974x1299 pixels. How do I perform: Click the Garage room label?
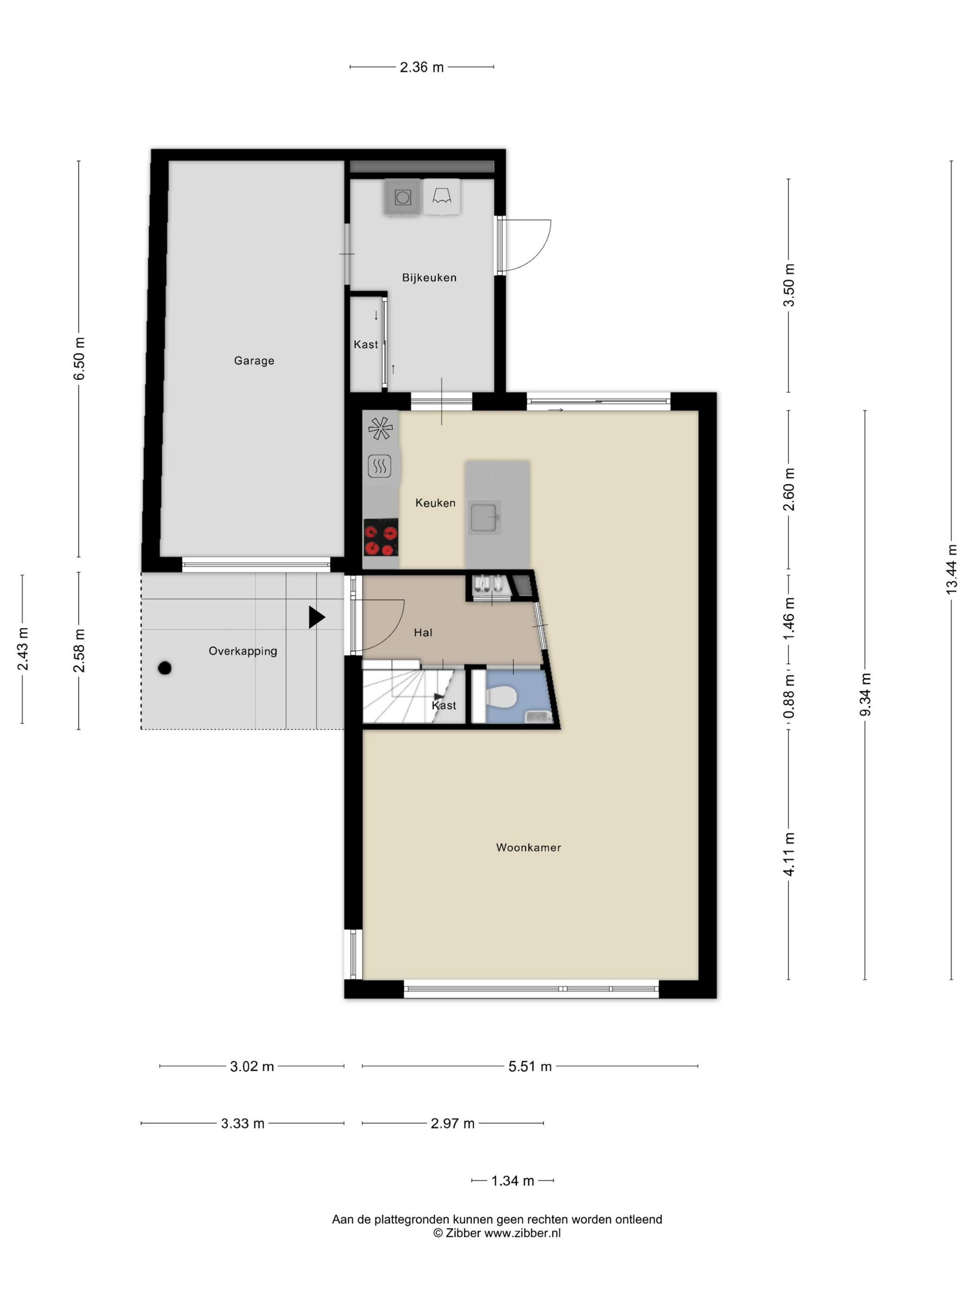click(x=254, y=360)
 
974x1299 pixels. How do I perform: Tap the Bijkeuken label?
click(x=429, y=278)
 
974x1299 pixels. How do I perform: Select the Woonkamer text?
click(x=528, y=848)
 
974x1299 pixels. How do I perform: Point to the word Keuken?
click(x=435, y=503)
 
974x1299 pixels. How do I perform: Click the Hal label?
click(x=423, y=632)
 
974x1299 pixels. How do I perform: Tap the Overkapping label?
click(x=243, y=651)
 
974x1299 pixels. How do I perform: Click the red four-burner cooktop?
click(x=380, y=537)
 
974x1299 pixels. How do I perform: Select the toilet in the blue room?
click(x=501, y=698)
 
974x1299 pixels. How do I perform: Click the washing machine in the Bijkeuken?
click(x=402, y=197)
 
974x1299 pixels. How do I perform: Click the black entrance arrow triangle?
click(x=316, y=617)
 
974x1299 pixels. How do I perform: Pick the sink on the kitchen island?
click(x=485, y=518)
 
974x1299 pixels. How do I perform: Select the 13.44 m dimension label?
click(x=952, y=570)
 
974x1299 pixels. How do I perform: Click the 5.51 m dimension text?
click(x=530, y=1067)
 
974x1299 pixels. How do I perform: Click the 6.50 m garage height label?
click(x=79, y=359)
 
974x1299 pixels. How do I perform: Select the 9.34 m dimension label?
click(x=865, y=695)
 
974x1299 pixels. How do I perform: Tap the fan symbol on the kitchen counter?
click(x=380, y=428)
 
